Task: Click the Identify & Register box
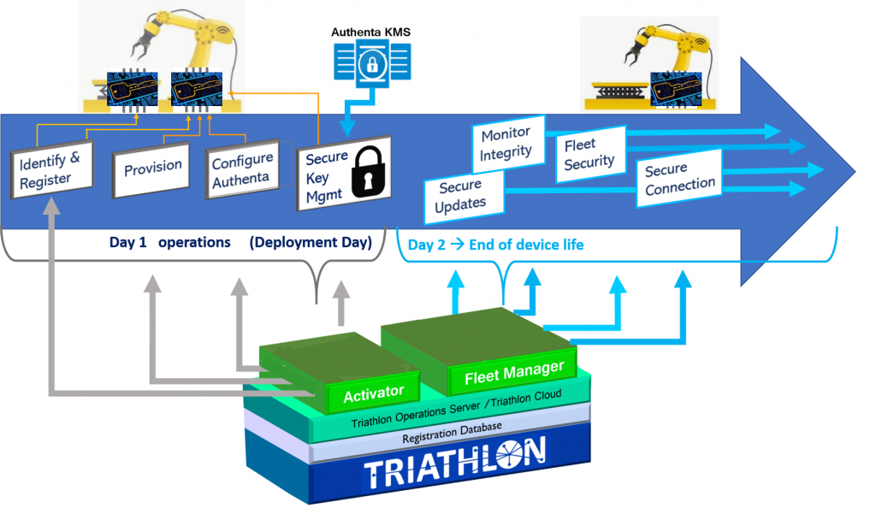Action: [51, 170]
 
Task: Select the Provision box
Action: [151, 169]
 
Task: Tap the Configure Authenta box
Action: [242, 169]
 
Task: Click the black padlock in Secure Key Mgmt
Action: [368, 170]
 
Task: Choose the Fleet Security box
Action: [590, 154]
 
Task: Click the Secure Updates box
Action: [464, 197]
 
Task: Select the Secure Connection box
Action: [678, 178]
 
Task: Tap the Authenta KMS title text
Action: [371, 32]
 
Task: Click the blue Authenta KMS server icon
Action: [372, 63]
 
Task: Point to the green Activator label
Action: [373, 393]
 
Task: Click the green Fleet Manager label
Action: [514, 372]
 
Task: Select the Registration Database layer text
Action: [452, 433]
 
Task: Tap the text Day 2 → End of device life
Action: [495, 245]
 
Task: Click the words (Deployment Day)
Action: [311, 243]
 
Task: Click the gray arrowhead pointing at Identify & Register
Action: [51, 206]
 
